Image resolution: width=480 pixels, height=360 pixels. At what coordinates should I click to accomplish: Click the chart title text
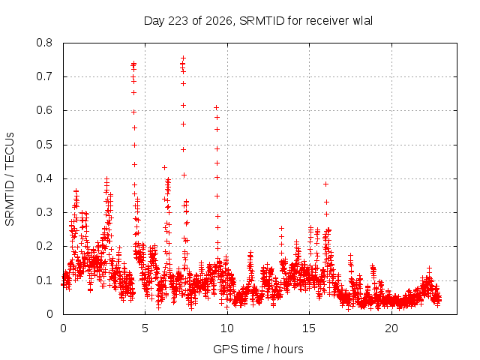(258, 21)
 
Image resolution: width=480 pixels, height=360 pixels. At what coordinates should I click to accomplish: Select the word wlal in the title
(363, 20)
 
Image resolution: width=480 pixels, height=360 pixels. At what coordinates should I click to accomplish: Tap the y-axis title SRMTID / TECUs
(10, 179)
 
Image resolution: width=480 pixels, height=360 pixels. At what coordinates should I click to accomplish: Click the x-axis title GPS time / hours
(258, 349)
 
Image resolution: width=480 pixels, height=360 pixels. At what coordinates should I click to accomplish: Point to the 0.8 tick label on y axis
(44, 43)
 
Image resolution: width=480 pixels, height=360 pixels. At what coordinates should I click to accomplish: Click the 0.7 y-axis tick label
(44, 76)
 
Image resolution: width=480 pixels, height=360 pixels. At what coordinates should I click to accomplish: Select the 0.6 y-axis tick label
(44, 110)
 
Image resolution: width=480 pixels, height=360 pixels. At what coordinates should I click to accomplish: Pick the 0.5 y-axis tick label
(44, 145)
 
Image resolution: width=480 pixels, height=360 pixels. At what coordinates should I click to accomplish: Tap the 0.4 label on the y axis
(44, 178)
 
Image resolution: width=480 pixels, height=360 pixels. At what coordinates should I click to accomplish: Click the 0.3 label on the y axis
(44, 212)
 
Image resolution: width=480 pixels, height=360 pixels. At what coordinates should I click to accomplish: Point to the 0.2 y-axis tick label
(44, 247)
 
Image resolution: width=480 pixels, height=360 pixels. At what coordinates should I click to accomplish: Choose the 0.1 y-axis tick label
(44, 280)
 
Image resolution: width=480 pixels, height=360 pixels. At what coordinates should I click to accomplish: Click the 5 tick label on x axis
(145, 328)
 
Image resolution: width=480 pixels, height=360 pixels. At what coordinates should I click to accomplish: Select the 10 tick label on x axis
(227, 328)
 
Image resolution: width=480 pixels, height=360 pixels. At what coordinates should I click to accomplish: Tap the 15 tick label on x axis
(309, 328)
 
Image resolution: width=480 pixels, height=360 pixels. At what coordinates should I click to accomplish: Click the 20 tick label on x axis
(391, 328)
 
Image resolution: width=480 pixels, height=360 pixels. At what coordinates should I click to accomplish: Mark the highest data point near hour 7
(183, 58)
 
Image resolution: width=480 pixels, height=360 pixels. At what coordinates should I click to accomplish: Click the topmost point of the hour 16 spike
(326, 184)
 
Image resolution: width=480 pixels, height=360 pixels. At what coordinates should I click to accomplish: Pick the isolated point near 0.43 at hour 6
(165, 168)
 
